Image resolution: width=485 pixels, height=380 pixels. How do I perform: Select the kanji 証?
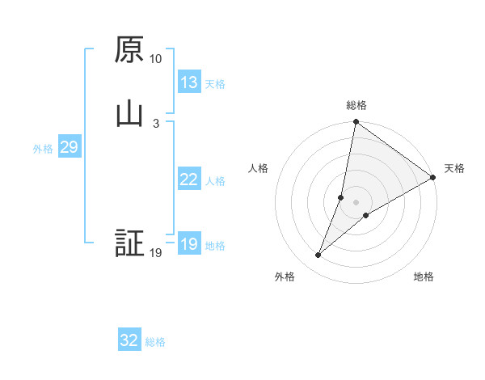[129, 243]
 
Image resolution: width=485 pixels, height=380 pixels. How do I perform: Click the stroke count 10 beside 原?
[155, 59]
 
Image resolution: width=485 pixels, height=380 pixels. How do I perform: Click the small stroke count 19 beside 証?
[155, 253]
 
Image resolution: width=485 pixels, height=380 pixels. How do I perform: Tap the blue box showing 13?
[189, 82]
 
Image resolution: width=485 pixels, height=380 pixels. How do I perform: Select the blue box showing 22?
[189, 179]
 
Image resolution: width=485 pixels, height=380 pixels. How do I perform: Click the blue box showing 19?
[189, 244]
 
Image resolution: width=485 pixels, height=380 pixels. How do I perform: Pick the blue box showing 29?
[68, 147]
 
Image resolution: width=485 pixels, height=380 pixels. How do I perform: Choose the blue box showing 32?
[129, 340]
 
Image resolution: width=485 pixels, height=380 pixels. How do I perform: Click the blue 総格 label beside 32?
[156, 342]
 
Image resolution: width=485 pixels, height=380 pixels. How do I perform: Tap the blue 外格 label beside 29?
[43, 149]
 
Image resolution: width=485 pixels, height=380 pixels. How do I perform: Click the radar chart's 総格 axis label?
[356, 105]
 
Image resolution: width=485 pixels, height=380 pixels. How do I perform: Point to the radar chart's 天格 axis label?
[455, 168]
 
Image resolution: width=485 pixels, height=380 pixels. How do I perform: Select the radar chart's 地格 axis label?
[424, 277]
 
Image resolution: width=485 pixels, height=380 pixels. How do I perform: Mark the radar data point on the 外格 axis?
[318, 255]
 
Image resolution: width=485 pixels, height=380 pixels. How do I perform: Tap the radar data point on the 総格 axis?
[356, 123]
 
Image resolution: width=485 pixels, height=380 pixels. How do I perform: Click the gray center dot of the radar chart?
[356, 202]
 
